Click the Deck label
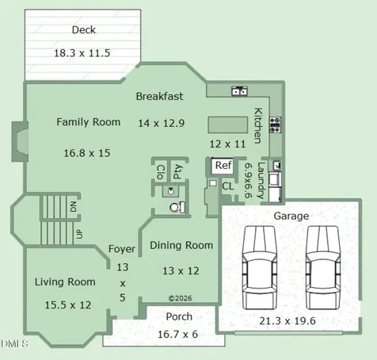(x=84, y=30)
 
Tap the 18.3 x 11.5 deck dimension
(x=82, y=53)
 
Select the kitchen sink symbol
(x=240, y=90)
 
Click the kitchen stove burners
(x=275, y=124)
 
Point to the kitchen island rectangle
(x=228, y=124)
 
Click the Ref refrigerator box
(x=223, y=166)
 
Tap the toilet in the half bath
(x=177, y=207)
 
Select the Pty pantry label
(x=177, y=171)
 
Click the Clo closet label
(x=161, y=172)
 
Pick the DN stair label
(x=74, y=206)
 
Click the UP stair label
(x=79, y=234)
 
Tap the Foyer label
(x=122, y=249)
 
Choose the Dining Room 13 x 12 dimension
(x=181, y=271)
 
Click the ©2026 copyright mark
(x=180, y=298)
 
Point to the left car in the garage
(x=260, y=267)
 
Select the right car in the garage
(x=323, y=267)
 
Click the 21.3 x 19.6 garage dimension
(x=288, y=321)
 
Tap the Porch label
(x=179, y=316)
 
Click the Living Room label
(x=65, y=282)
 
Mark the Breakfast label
(x=159, y=97)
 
